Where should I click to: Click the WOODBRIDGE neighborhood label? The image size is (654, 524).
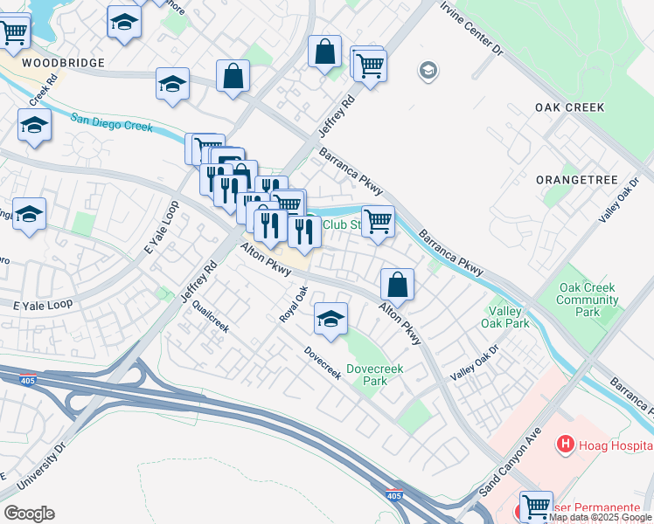coord(63,63)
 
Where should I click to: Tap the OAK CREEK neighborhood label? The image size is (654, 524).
coord(570,107)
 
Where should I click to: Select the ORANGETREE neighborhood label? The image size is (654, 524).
coord(578,180)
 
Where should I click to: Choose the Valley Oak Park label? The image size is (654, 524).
coord(505,317)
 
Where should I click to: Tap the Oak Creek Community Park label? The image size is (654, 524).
coord(588,300)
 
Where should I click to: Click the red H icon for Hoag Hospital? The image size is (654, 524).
coord(565,445)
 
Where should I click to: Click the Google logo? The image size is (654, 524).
coord(29,514)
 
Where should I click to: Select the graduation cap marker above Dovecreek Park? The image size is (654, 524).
coord(330,320)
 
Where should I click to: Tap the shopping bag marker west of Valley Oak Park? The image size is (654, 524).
coord(397,283)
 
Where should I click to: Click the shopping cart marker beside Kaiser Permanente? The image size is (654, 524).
coord(535,505)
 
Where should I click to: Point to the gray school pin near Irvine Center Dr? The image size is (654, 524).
coord(428,70)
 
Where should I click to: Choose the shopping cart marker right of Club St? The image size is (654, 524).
coord(378,221)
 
